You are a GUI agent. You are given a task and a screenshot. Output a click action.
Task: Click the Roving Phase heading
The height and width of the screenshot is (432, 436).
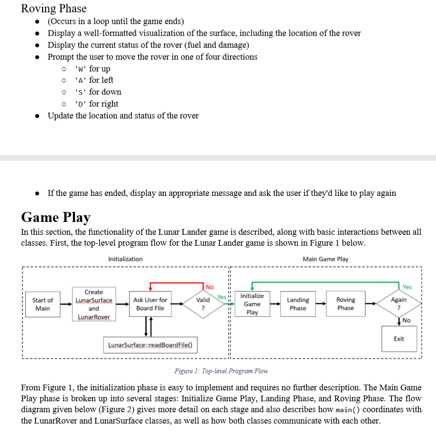click(x=54, y=9)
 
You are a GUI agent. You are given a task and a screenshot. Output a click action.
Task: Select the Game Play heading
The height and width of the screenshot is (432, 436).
click(x=56, y=217)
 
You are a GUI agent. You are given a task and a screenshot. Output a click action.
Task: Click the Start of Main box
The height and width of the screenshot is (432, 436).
click(x=43, y=304)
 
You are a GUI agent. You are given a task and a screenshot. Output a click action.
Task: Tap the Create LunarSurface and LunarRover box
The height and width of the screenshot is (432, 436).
click(x=94, y=304)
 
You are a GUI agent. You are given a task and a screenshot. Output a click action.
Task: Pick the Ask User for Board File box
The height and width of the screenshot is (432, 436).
click(x=150, y=304)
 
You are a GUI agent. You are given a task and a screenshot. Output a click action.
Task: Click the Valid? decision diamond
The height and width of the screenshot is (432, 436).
click(x=203, y=304)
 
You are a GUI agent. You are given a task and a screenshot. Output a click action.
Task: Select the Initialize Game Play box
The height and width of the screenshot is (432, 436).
click(x=252, y=304)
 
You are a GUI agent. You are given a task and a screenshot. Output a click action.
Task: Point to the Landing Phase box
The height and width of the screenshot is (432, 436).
click(x=298, y=304)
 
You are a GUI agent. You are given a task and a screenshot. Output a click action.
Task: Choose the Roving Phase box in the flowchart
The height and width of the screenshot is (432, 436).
click(x=345, y=304)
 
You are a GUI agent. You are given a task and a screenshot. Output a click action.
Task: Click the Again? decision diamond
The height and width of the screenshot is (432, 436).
click(x=399, y=304)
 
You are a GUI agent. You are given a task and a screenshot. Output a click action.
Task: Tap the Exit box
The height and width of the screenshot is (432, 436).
click(x=399, y=339)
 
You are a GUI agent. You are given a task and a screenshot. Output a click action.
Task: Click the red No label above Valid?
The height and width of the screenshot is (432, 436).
click(x=210, y=287)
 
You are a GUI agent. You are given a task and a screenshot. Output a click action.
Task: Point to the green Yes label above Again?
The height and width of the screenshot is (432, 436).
click(x=407, y=287)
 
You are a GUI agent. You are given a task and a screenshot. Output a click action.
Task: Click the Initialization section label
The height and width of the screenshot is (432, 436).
click(x=125, y=259)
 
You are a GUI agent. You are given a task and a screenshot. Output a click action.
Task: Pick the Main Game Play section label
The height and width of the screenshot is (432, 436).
click(x=325, y=259)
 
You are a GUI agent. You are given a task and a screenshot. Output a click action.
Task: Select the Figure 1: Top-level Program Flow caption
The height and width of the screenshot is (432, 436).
click(x=221, y=371)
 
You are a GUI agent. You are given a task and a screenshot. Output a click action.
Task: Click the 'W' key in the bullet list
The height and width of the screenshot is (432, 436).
click(x=81, y=69)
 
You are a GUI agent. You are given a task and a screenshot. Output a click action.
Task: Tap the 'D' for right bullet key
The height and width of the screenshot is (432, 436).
click(x=81, y=104)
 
